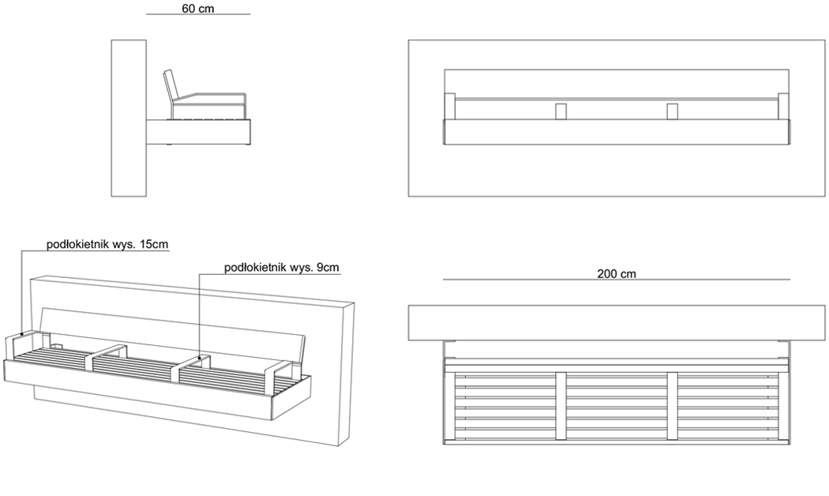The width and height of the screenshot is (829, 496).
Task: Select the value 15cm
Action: tap(154, 245)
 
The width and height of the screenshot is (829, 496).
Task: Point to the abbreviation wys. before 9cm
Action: tap(302, 268)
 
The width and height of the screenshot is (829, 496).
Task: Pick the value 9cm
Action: tap(328, 268)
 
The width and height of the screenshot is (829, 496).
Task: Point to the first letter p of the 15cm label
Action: tap(49, 246)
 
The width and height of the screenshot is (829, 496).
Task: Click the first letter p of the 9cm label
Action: tap(227, 269)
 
